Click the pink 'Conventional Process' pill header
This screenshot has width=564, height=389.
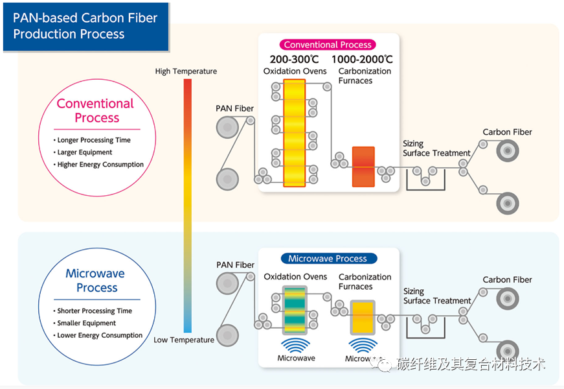[x=328, y=45]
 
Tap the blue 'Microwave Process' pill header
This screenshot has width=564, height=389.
[x=328, y=258]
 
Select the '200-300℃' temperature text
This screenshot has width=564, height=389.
[x=295, y=60]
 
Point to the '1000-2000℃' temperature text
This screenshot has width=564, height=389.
[x=364, y=60]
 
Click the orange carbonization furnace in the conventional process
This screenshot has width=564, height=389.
[x=363, y=167]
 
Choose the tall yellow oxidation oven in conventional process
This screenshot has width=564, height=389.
[x=295, y=133]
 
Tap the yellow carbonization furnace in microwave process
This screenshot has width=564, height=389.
[x=362, y=316]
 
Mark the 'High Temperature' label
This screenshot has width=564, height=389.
[x=186, y=71]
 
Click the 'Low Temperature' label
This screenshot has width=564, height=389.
[x=184, y=340]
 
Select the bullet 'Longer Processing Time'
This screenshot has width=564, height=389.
[x=93, y=140]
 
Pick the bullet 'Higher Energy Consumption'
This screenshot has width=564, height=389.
[x=100, y=165]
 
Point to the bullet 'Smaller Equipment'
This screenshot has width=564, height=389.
[x=86, y=323]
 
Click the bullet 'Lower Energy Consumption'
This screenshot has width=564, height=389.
[x=100, y=335]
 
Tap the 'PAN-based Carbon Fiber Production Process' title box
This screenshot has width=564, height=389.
[x=85, y=26]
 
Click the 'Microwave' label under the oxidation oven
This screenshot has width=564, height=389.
[x=296, y=358]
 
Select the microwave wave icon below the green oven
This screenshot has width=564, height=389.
[x=296, y=344]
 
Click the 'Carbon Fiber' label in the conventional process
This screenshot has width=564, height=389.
[x=507, y=132]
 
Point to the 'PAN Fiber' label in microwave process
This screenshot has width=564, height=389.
[x=235, y=265]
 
